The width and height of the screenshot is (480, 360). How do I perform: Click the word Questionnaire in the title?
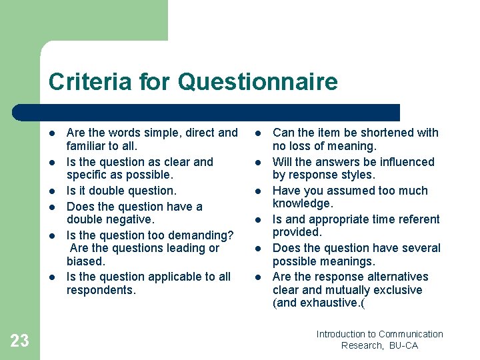pos(259,83)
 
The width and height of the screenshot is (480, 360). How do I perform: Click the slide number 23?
pos(20,341)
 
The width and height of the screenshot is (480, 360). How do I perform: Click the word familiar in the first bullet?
pos(85,146)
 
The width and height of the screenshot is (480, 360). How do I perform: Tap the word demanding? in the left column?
pos(201,235)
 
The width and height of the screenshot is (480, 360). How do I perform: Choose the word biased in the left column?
pos(85,261)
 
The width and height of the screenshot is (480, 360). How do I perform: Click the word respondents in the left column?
pos(99,290)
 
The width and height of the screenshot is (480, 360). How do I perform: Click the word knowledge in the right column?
pos(302,203)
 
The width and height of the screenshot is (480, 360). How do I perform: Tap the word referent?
pos(417,219)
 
